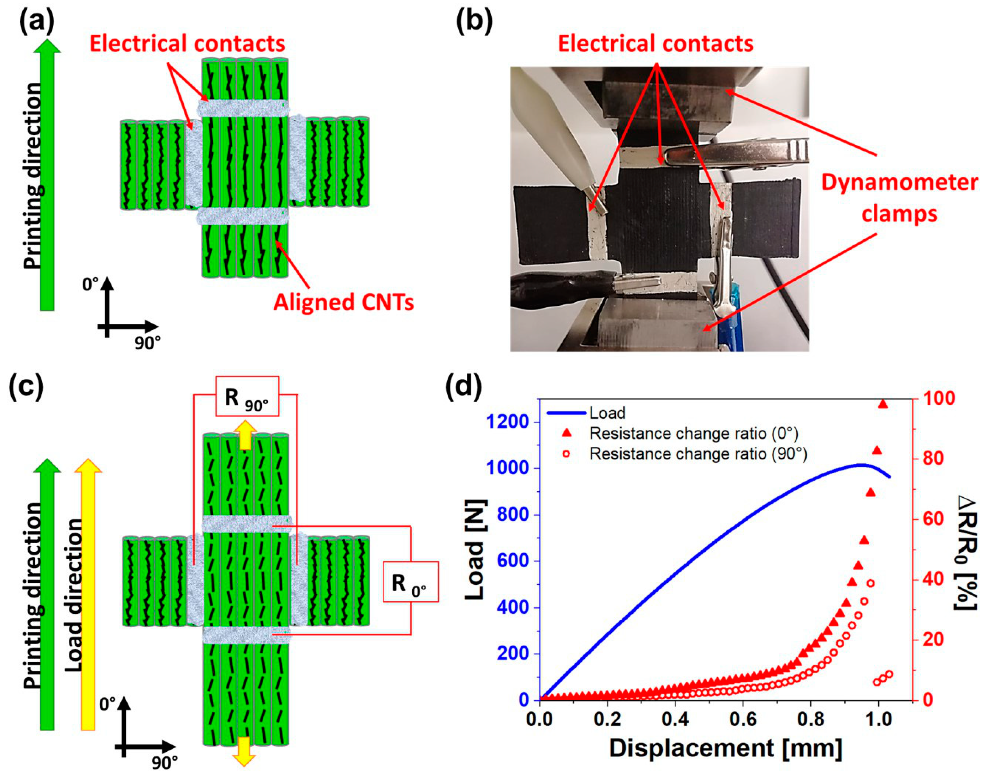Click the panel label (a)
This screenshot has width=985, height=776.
[x=36, y=21]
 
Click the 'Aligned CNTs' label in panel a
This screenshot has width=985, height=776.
[x=343, y=302]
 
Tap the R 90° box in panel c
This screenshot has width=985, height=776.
[x=247, y=397]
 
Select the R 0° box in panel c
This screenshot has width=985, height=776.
[x=410, y=582]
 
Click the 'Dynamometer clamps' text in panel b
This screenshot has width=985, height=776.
[x=899, y=198]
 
